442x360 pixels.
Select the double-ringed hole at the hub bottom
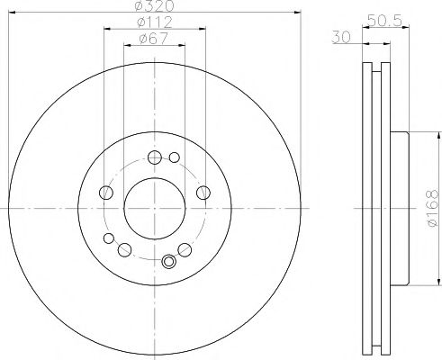(x=168, y=262)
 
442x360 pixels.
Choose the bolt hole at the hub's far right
(x=203, y=192)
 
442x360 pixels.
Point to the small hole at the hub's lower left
(x=110, y=238)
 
